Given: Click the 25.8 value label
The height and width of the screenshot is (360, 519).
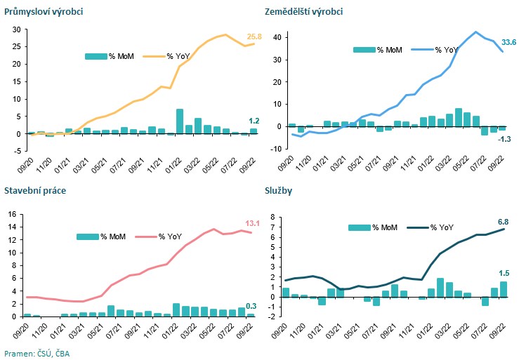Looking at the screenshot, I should coord(253,36).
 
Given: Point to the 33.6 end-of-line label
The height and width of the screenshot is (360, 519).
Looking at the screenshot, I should coord(508,44).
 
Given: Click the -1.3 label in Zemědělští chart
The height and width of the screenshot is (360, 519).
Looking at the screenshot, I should coord(504,139).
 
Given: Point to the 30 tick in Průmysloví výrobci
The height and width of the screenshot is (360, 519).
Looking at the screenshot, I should coord(12,29).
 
